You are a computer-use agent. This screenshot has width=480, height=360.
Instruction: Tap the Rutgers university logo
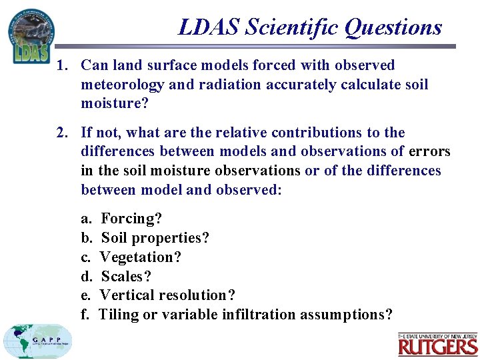coord(438,345)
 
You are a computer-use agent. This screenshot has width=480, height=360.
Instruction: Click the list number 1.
coord(61,65)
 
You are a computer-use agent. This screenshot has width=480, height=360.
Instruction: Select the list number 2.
coord(61,133)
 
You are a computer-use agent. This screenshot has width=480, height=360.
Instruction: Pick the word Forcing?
coord(131,219)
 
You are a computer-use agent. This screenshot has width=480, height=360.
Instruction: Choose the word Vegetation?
coord(140,257)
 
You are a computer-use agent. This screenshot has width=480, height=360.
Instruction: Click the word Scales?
coord(126,276)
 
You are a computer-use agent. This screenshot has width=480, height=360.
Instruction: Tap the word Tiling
coord(119,315)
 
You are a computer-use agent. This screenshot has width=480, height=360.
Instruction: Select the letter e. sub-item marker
coord(85,295)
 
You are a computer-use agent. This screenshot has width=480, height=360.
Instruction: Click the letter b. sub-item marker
coord(86,238)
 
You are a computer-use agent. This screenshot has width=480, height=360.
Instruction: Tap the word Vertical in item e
coord(127,295)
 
